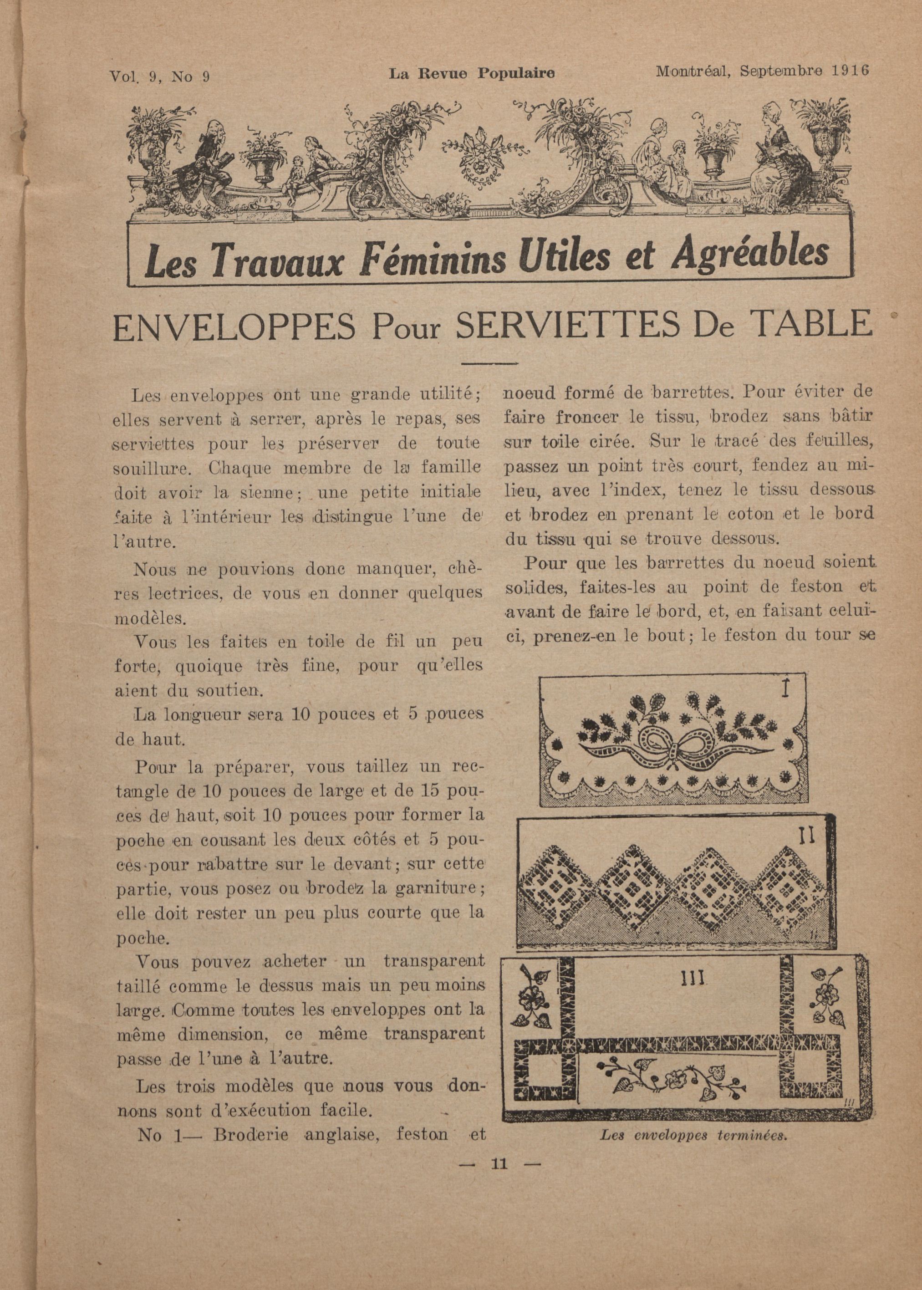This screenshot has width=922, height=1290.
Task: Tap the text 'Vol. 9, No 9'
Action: click(160, 76)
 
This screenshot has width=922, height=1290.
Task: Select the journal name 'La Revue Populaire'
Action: click(471, 73)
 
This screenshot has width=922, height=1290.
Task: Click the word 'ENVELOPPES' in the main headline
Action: click(234, 327)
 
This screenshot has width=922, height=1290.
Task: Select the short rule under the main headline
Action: click(490, 363)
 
